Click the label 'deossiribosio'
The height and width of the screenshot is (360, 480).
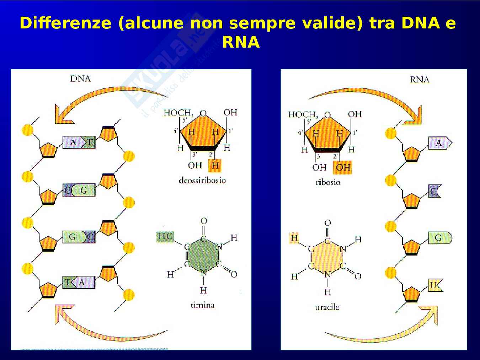(202, 181)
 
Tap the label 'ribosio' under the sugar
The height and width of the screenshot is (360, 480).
(328, 183)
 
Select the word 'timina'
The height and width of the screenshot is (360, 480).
(202, 305)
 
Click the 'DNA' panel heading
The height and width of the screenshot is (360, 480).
(80, 79)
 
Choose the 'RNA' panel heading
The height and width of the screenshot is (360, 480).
(419, 80)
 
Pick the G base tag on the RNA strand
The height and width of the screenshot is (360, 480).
(439, 237)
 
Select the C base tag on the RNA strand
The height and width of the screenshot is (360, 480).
(434, 191)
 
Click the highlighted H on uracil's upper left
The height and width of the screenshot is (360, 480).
(294, 238)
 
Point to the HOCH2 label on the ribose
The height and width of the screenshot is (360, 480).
(302, 114)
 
